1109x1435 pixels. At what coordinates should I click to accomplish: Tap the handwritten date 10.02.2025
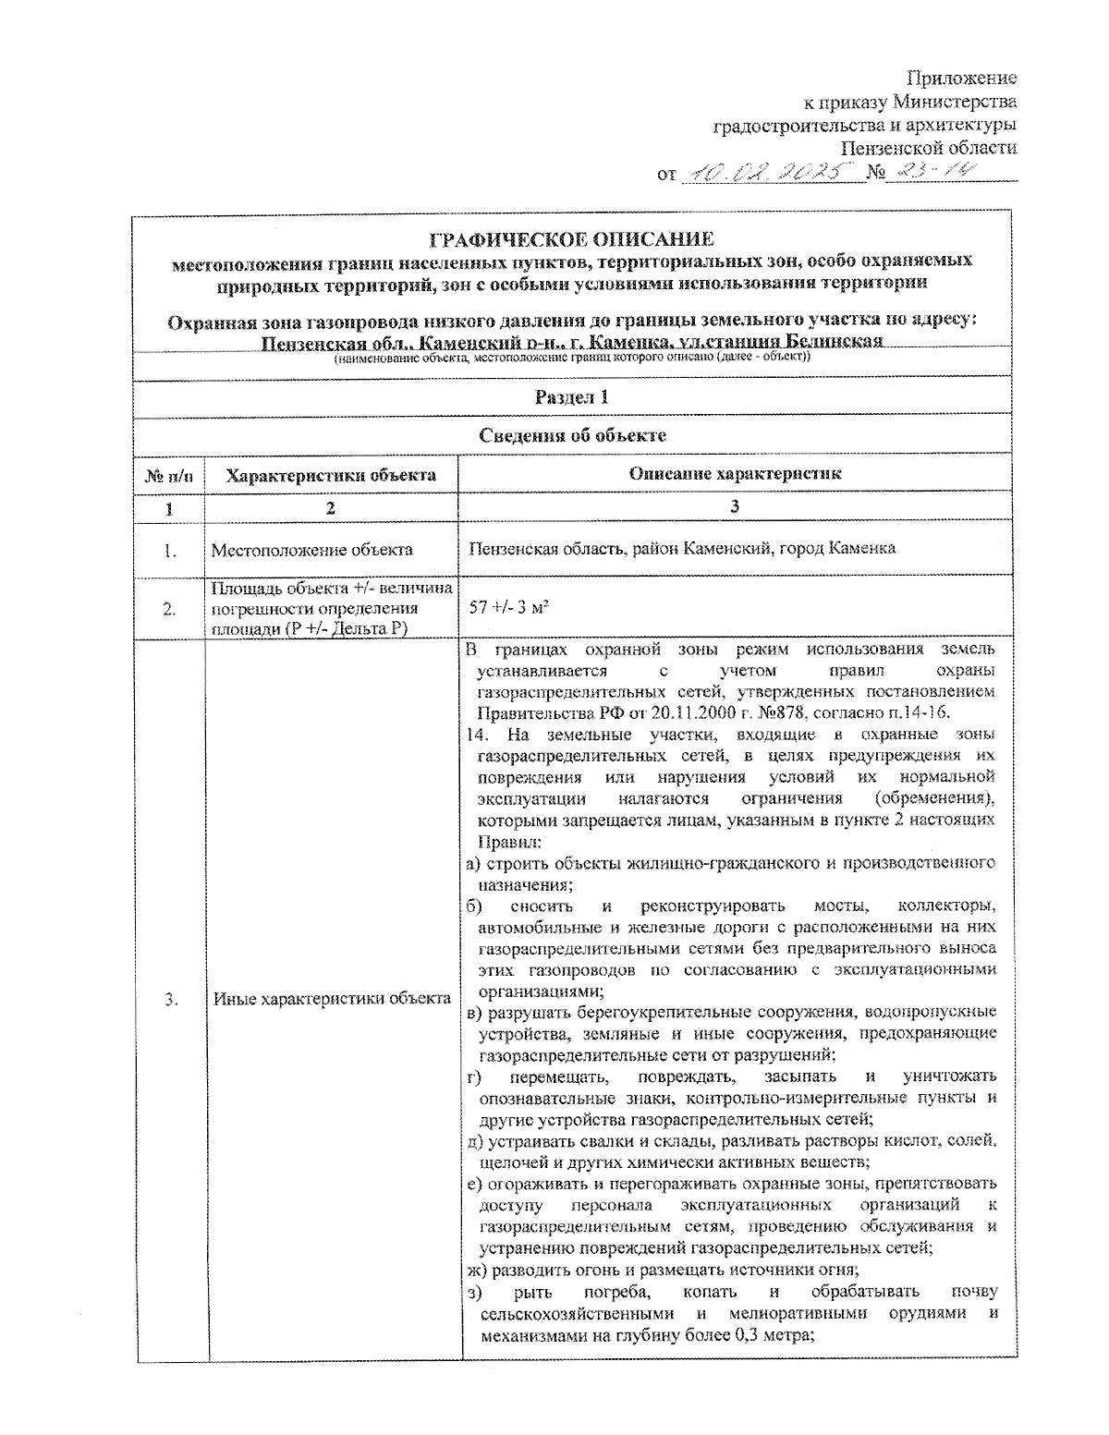point(772,172)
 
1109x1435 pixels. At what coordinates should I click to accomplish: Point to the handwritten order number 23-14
point(934,172)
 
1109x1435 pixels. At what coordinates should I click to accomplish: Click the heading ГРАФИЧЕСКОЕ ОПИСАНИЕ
point(572,240)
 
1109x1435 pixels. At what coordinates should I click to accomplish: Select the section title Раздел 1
point(572,397)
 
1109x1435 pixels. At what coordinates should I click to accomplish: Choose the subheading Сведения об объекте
point(572,435)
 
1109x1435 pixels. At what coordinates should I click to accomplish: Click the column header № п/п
point(170,476)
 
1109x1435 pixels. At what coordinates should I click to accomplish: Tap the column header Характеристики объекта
point(332,476)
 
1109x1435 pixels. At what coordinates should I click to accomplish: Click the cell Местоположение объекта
point(312,551)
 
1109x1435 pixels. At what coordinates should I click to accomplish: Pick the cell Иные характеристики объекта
point(332,998)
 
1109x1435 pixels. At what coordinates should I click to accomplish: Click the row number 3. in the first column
point(171,998)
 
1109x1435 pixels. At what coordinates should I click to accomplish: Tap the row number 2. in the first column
point(171,608)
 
